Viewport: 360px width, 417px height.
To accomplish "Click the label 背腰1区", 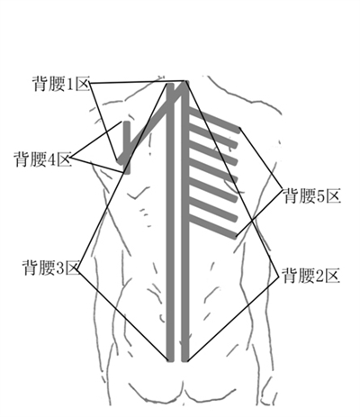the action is pyautogui.click(x=61, y=83).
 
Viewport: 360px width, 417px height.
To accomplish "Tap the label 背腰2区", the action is pyautogui.click(x=311, y=276).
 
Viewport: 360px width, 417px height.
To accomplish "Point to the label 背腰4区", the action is pyautogui.click(x=43, y=159).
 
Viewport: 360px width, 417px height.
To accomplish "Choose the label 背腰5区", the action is pyautogui.click(x=312, y=195).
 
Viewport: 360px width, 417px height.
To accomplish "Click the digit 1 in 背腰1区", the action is pyautogui.click(x=69, y=84).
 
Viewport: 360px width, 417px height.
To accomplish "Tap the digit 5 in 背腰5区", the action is pyautogui.click(x=320, y=196).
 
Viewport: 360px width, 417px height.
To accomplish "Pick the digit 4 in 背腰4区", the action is pyautogui.click(x=51, y=159).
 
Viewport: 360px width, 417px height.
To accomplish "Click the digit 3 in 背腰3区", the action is pyautogui.click(x=58, y=267).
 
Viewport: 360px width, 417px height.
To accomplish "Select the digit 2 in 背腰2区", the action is pyautogui.click(x=319, y=276).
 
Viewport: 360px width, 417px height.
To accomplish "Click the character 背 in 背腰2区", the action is pyautogui.click(x=290, y=276).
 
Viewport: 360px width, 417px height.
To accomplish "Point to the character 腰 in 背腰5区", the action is pyautogui.click(x=307, y=195).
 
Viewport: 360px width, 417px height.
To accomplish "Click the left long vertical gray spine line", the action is pyautogui.click(x=170, y=222).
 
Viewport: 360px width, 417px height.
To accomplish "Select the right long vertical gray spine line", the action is pyautogui.click(x=185, y=222).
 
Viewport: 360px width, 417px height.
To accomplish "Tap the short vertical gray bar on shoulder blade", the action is pyautogui.click(x=127, y=148).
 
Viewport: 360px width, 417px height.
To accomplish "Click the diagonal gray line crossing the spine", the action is pyautogui.click(x=152, y=122).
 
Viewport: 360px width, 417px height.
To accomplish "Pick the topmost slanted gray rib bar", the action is pyautogui.click(x=214, y=120).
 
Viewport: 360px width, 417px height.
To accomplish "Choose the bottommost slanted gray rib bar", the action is pyautogui.click(x=212, y=226).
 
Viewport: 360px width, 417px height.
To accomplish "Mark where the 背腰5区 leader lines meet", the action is pyautogui.click(x=282, y=189).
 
